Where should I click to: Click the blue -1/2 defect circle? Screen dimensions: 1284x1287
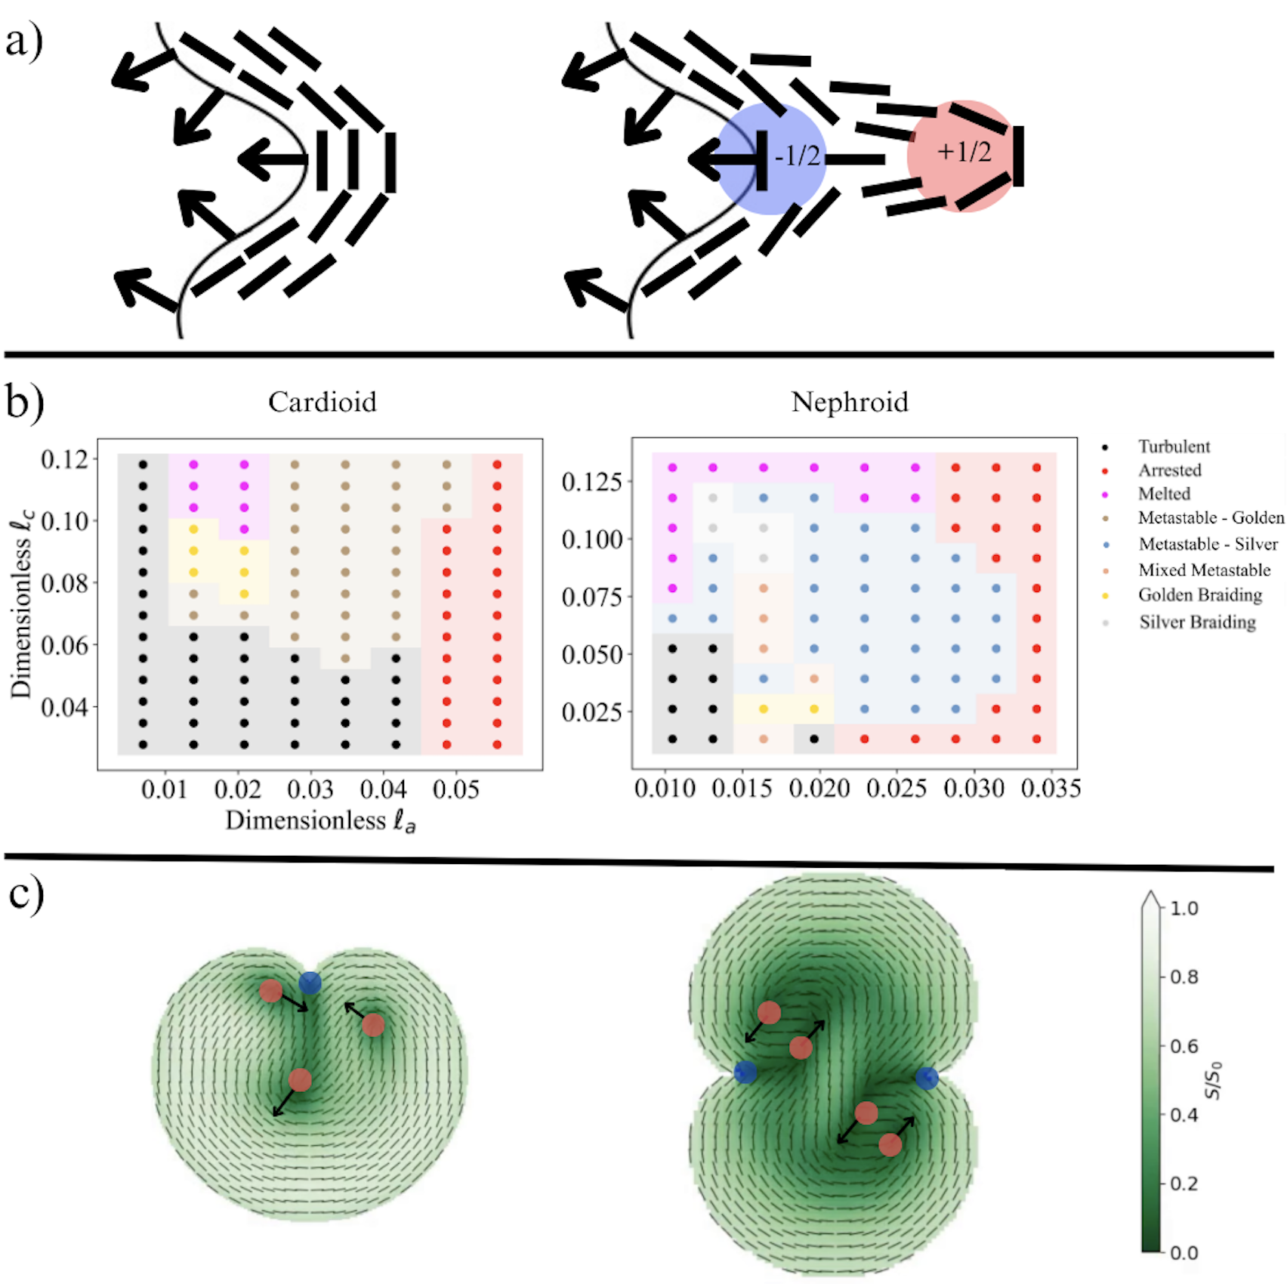pyautogui.click(x=770, y=159)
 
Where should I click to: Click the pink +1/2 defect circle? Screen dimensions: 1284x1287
pyautogui.click(x=963, y=155)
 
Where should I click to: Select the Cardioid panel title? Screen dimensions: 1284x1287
pyautogui.click(x=323, y=402)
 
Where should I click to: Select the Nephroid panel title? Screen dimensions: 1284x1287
pyautogui.click(x=850, y=402)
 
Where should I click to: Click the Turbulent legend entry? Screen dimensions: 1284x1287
pyautogui.click(x=1174, y=446)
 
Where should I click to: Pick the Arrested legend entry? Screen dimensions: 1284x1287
pyautogui.click(x=1169, y=471)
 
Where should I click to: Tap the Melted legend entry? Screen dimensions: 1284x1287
pyautogui.click(x=1164, y=494)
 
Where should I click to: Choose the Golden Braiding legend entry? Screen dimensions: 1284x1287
pyautogui.click(x=1199, y=595)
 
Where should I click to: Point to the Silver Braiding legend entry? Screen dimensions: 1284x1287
pyautogui.click(x=1197, y=622)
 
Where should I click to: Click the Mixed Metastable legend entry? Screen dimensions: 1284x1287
pyautogui.click(x=1204, y=570)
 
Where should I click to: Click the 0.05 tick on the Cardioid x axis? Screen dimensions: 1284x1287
pyautogui.click(x=456, y=790)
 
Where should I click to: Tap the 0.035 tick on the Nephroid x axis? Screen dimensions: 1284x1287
pyautogui.click(x=1051, y=789)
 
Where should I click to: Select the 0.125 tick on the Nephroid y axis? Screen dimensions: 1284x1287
pyautogui.click(x=592, y=481)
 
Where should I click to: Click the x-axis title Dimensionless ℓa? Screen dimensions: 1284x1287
pyautogui.click(x=320, y=821)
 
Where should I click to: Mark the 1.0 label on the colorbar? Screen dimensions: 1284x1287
pyautogui.click(x=1184, y=908)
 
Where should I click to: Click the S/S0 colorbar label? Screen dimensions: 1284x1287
pyautogui.click(x=1212, y=1080)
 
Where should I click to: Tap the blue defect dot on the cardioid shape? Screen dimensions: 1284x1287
pyautogui.click(x=310, y=983)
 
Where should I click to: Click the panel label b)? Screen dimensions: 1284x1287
pyautogui.click(x=24, y=402)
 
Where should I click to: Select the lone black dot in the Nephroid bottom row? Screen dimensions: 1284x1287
pyautogui.click(x=814, y=739)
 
